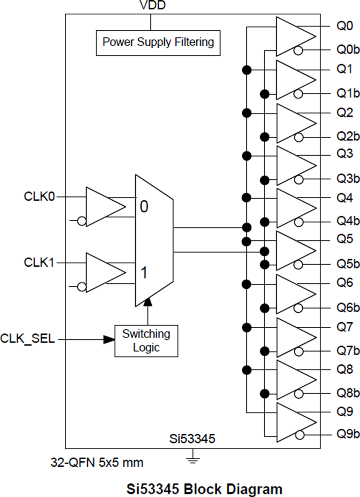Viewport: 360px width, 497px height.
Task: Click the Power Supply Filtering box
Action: pyautogui.click(x=158, y=43)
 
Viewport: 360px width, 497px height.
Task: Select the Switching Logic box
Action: pyautogui.click(x=146, y=340)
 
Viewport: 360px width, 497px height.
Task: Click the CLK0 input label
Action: pyautogui.click(x=39, y=197)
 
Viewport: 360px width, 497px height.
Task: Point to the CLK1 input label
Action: pyautogui.click(x=39, y=263)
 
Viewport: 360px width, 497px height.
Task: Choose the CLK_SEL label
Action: pyautogui.click(x=28, y=339)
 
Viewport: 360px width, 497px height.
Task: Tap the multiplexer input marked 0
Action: pyautogui.click(x=144, y=206)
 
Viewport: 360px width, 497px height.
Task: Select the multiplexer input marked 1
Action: pyautogui.click(x=144, y=273)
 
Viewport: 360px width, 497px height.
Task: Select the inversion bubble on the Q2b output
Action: pyautogui.click(x=298, y=137)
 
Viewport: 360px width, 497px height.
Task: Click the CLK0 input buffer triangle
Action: pyautogui.click(x=104, y=206)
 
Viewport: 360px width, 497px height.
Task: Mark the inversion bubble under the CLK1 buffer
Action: pyautogui.click(x=82, y=287)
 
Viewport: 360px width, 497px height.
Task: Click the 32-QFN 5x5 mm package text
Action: pyautogui.click(x=97, y=462)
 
